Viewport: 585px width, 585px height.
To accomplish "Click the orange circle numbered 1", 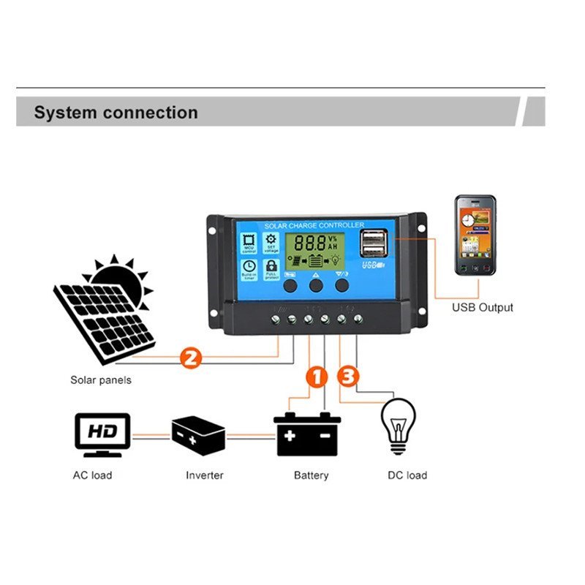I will pyautogui.click(x=316, y=377).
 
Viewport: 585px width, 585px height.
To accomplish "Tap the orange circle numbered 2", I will pyautogui.click(x=190, y=358).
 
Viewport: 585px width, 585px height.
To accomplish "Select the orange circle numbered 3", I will pyautogui.click(x=348, y=377).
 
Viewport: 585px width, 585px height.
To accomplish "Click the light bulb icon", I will pyautogui.click(x=399, y=427).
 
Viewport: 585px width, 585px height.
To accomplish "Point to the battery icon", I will pyautogui.click(x=308, y=435).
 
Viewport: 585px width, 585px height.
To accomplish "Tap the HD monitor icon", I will pyautogui.click(x=102, y=431).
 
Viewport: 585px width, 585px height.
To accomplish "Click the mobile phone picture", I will pyautogui.click(x=475, y=235).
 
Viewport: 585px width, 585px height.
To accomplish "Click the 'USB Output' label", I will pyautogui.click(x=482, y=307).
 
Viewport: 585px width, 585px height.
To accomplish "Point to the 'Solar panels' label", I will pyautogui.click(x=101, y=380).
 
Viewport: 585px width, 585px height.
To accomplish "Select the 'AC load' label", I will pyautogui.click(x=93, y=475).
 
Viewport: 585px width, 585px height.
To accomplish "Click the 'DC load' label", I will pyautogui.click(x=407, y=475).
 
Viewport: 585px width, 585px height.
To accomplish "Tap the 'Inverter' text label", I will pyautogui.click(x=205, y=475).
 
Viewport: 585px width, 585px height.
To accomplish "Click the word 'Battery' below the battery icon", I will pyautogui.click(x=312, y=475).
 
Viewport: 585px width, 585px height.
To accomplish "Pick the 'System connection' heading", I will pyautogui.click(x=116, y=113).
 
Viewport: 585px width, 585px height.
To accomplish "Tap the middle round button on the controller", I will pyautogui.click(x=316, y=285).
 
